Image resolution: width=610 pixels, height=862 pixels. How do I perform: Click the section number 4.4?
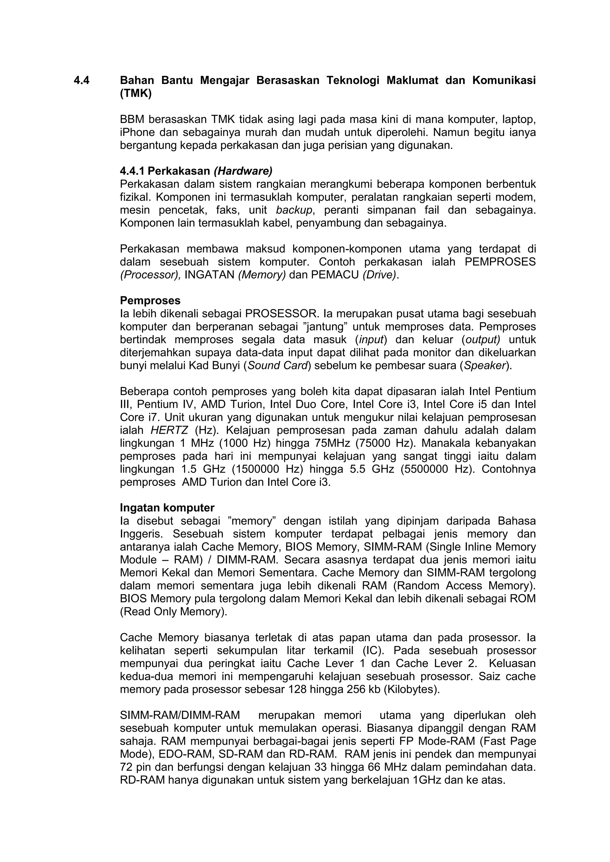pos(82,81)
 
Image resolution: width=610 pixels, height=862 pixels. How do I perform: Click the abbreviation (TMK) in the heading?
pos(136,94)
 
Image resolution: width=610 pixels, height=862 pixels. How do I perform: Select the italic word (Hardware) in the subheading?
pos(243,171)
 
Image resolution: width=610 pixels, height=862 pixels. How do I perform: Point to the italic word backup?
pos(294,210)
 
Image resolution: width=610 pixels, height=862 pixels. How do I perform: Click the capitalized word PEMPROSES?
pos(500,262)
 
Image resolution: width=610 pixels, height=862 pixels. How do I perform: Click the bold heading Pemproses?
pos(150,301)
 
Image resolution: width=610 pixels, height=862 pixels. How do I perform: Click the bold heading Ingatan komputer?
pos(167,508)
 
